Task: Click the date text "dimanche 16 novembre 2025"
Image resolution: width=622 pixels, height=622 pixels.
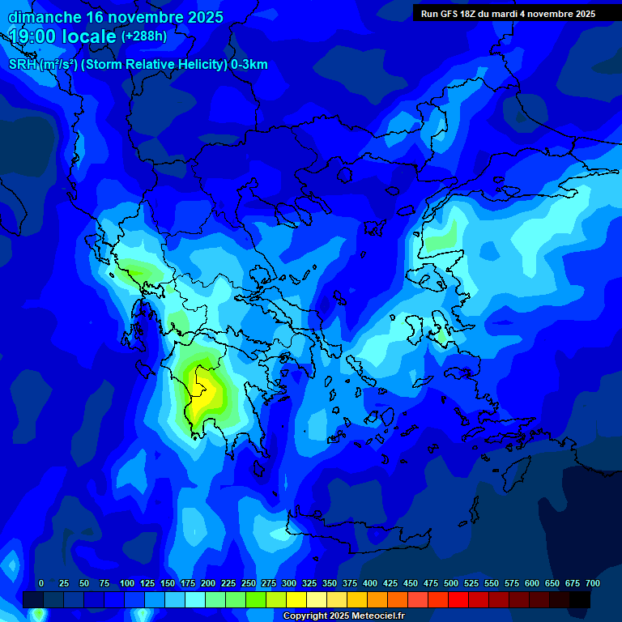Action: tap(115, 17)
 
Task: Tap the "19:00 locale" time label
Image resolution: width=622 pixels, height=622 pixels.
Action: tap(62, 36)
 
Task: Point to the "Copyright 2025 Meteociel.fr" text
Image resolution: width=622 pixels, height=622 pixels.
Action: tap(343, 616)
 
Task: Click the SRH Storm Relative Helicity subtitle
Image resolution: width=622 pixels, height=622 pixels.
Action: tap(138, 65)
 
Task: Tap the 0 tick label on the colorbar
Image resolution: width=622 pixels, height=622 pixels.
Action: tap(41, 583)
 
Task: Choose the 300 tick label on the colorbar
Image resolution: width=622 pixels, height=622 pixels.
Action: tap(289, 583)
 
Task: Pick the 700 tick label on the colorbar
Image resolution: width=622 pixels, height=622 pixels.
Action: tap(592, 583)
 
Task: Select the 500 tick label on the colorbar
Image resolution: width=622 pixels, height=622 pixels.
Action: tap(451, 583)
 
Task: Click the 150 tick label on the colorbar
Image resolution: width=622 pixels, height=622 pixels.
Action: tap(168, 583)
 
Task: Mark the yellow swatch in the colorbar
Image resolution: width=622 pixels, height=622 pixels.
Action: tap(296, 599)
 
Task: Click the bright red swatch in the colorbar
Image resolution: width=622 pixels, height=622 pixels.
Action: tap(458, 599)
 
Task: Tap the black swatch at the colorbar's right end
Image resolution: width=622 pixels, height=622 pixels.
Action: tap(580, 599)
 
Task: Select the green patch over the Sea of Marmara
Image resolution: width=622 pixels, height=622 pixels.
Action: tap(441, 241)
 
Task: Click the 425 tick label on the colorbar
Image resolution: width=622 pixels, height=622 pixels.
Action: tap(390, 583)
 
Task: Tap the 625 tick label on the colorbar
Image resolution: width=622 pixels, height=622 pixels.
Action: tap(532, 583)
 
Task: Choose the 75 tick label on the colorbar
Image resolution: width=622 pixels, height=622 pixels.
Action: tap(104, 583)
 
